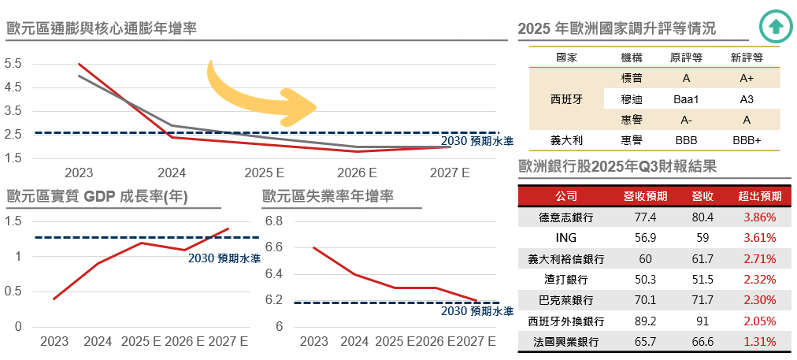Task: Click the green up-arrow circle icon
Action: pyautogui.click(x=776, y=26)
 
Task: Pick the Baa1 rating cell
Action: pyautogui.click(x=686, y=99)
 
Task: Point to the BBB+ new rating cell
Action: pyautogui.click(x=747, y=140)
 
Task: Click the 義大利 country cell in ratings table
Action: pyautogui.click(x=565, y=140)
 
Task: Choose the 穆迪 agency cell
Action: pyautogui.click(x=632, y=99)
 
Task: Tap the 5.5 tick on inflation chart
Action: pyautogui.click(x=13, y=64)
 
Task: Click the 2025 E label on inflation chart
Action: pyautogui.click(x=265, y=172)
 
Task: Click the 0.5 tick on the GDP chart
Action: pyautogui.click(x=13, y=291)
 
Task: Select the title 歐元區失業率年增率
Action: pyautogui.click(x=328, y=196)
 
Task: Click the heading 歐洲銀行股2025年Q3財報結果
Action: pyautogui.click(x=616, y=166)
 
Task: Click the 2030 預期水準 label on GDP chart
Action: pyautogui.click(x=224, y=258)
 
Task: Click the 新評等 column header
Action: pyautogui.click(x=747, y=58)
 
